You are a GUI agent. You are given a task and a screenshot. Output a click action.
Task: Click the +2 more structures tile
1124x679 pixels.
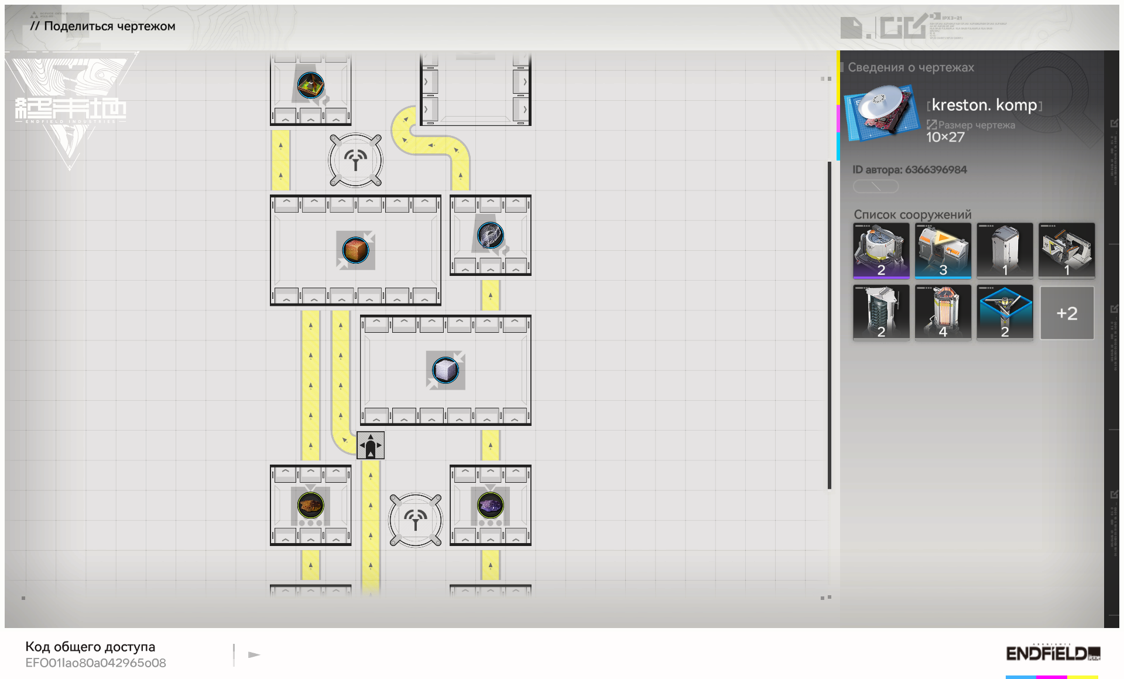(1067, 313)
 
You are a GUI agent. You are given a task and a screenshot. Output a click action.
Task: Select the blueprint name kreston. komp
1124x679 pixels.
(984, 105)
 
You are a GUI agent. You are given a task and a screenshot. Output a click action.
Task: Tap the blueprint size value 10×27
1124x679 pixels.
(945, 137)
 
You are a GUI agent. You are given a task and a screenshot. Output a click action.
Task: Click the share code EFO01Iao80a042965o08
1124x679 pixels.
(95, 663)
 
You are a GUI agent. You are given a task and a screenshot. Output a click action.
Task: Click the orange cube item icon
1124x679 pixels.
(355, 250)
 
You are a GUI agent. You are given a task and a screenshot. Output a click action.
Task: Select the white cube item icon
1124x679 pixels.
(446, 370)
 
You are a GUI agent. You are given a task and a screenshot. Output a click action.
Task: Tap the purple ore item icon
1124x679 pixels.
(490, 504)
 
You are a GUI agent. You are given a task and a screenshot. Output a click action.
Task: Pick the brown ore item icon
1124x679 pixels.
(310, 504)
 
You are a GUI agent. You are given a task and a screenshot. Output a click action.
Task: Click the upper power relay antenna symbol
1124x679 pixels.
(355, 160)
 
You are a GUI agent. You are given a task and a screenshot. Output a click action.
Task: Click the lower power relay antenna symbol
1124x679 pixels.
(416, 520)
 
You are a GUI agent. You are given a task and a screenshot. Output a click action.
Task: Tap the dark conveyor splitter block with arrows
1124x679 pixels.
(371, 445)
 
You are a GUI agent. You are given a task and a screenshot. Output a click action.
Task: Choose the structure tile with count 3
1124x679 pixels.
(943, 250)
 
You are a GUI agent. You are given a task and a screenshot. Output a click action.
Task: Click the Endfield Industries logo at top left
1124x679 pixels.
(70, 105)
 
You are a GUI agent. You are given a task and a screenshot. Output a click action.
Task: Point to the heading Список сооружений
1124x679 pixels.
(912, 214)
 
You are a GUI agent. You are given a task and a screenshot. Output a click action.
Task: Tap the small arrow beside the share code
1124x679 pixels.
(253, 654)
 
